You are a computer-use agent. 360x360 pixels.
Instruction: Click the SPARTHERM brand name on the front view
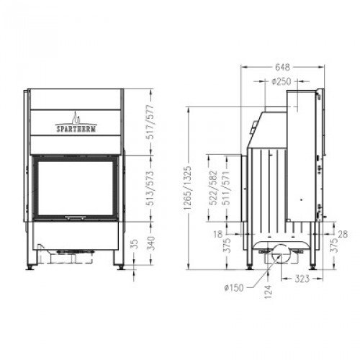(75, 130)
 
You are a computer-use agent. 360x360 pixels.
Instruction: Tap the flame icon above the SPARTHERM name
(75, 117)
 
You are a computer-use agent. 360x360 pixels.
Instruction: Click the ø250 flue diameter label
(282, 82)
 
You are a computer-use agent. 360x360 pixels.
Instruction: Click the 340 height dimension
(151, 245)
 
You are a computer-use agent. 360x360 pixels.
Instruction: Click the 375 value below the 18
(228, 246)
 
